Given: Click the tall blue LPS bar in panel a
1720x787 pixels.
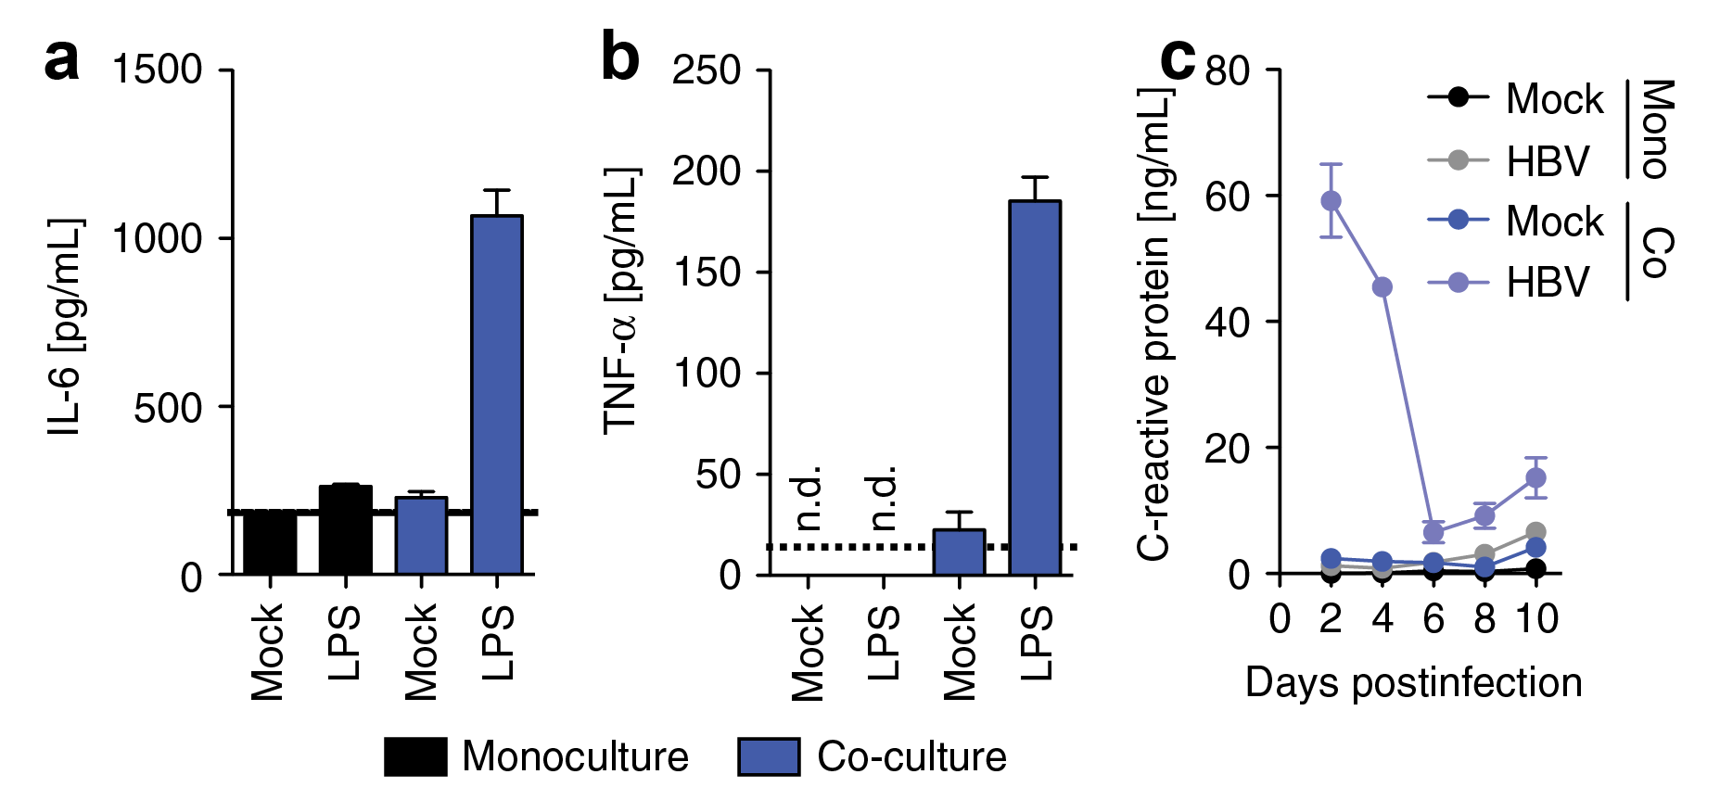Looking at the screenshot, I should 497,394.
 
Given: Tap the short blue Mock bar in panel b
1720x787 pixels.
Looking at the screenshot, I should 959,552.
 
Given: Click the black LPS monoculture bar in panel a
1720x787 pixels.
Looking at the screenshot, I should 345,529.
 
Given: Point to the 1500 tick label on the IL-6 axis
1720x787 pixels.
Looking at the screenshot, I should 157,70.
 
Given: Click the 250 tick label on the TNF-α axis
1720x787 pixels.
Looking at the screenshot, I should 707,70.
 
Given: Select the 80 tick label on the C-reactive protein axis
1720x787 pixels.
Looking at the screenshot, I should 1228,70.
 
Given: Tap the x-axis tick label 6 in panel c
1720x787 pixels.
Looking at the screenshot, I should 1433,618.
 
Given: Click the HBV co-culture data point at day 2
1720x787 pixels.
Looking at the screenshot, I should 1331,200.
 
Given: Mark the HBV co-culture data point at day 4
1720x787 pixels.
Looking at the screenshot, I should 1382,287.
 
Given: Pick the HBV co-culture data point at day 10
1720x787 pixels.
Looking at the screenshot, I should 1535,477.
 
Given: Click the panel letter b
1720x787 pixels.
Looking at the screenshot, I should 620,57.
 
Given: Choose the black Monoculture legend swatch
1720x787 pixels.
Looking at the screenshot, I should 415,756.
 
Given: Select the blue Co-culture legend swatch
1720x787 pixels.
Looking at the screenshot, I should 769,756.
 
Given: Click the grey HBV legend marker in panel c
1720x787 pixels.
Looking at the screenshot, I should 1458,160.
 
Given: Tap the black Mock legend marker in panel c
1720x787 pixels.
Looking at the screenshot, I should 1458,96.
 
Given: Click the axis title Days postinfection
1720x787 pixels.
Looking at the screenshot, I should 1413,682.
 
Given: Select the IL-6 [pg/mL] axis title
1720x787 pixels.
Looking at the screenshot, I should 65,326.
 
